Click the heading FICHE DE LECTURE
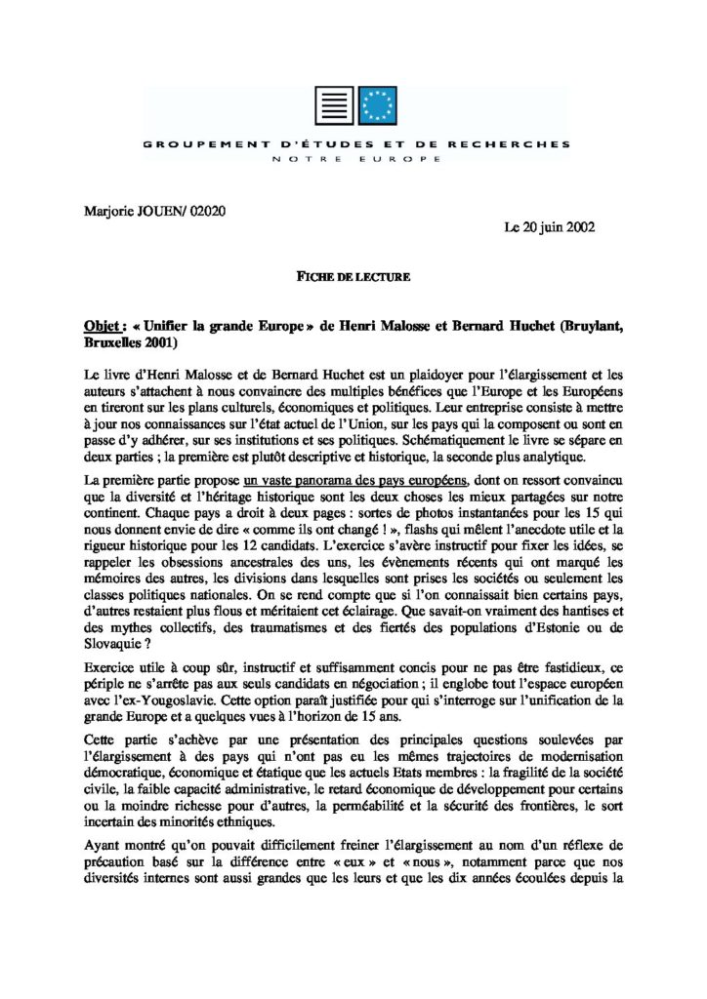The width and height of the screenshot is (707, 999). click(353, 277)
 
